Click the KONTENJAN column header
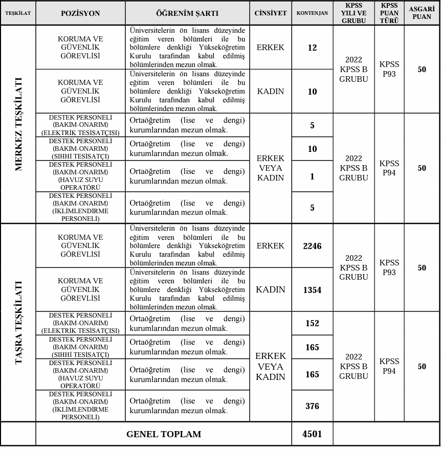coord(312,13)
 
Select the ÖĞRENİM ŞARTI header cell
coord(187,13)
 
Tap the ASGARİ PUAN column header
coord(422,13)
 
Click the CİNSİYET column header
coord(270,13)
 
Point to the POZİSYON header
coord(80,13)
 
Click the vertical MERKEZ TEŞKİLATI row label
coord(18,124)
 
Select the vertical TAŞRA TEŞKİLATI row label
coord(18,322)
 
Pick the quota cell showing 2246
coord(312,246)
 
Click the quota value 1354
coord(312,290)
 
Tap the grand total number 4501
coord(312,434)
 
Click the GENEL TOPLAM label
coord(164,434)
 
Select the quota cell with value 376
coord(312,406)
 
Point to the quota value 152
coord(312,323)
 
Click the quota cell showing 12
coord(312,48)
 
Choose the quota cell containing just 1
coord(312,176)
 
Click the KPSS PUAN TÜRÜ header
coord(389,13)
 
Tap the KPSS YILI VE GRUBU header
coord(354,13)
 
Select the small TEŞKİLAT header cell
coord(18,13)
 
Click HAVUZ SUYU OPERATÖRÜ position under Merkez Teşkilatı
coord(80,176)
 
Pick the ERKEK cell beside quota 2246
coord(270,246)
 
